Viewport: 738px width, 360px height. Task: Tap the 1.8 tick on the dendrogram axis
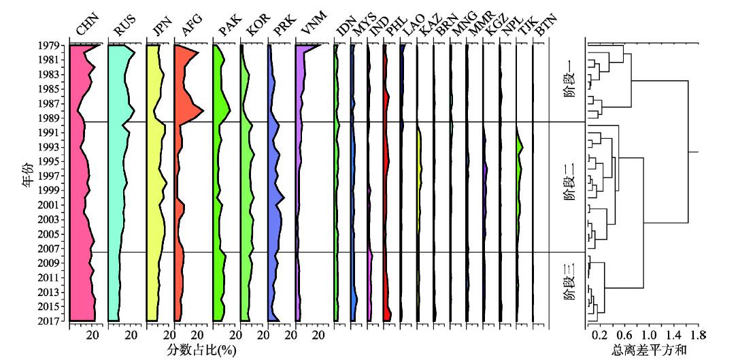(698, 336)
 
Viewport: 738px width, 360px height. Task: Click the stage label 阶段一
(570, 82)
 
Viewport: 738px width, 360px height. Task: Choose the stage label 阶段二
(570, 185)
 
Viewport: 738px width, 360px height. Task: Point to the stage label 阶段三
(570, 286)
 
